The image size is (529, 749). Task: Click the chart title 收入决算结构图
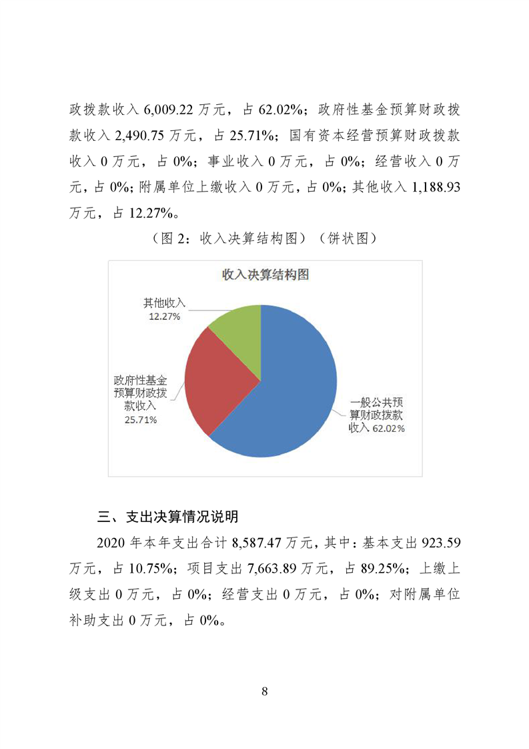(265, 275)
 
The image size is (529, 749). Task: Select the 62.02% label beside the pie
(388, 429)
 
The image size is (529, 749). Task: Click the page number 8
(265, 691)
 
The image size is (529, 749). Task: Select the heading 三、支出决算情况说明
(168, 517)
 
